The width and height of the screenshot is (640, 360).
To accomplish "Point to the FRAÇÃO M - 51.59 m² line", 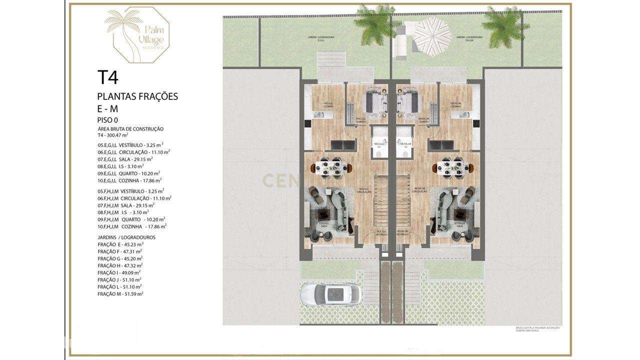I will (x=120, y=294).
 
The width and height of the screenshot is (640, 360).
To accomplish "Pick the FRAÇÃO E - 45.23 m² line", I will (x=120, y=244).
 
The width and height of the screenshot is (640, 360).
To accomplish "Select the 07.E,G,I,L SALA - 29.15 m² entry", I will (x=125, y=158).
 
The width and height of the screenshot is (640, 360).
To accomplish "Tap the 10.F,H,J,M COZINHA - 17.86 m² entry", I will (x=132, y=226).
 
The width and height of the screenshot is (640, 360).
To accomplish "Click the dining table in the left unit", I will (x=330, y=168).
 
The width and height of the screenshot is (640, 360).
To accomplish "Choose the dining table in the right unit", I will (x=451, y=168).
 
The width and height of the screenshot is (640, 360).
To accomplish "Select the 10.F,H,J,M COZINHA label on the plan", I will (x=455, y=105).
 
